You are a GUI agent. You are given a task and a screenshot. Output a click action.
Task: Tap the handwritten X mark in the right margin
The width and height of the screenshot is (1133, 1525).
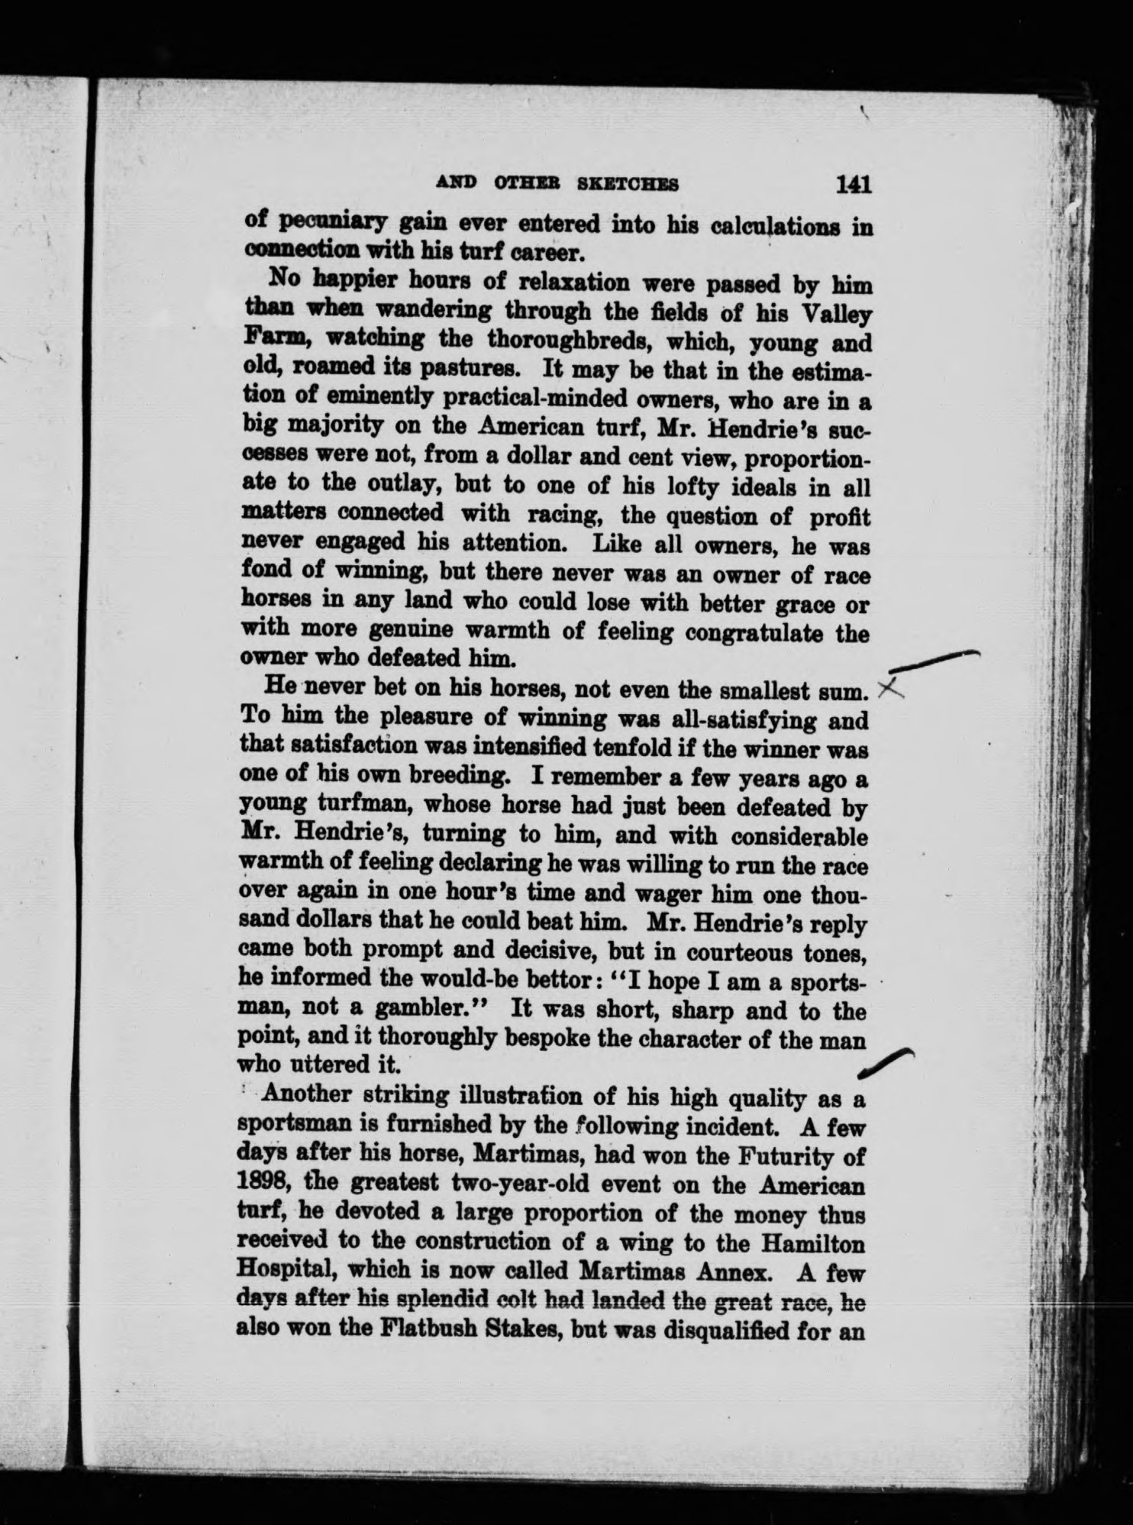coord(891,690)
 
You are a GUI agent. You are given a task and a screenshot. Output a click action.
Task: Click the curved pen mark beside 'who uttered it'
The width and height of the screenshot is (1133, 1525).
coord(886,1062)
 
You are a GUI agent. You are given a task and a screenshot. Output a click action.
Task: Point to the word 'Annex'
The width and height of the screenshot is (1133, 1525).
coord(729,1271)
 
